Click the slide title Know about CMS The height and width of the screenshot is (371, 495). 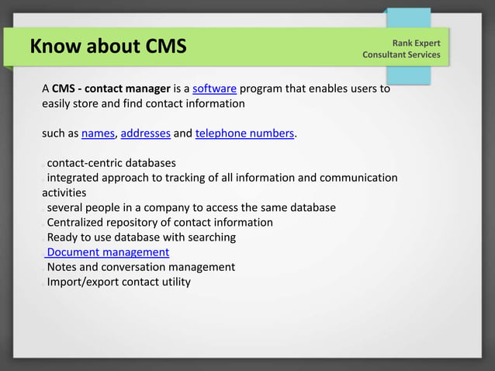(x=108, y=47)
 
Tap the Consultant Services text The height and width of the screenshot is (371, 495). (x=401, y=55)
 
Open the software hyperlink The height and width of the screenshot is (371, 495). (x=214, y=88)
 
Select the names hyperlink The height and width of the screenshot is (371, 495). (x=98, y=133)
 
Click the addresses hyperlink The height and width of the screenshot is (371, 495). (x=146, y=133)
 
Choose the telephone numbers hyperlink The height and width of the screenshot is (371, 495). (x=244, y=133)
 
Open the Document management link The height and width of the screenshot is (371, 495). (x=108, y=252)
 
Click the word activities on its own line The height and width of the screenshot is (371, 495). (x=64, y=192)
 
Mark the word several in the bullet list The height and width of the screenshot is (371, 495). (x=67, y=207)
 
